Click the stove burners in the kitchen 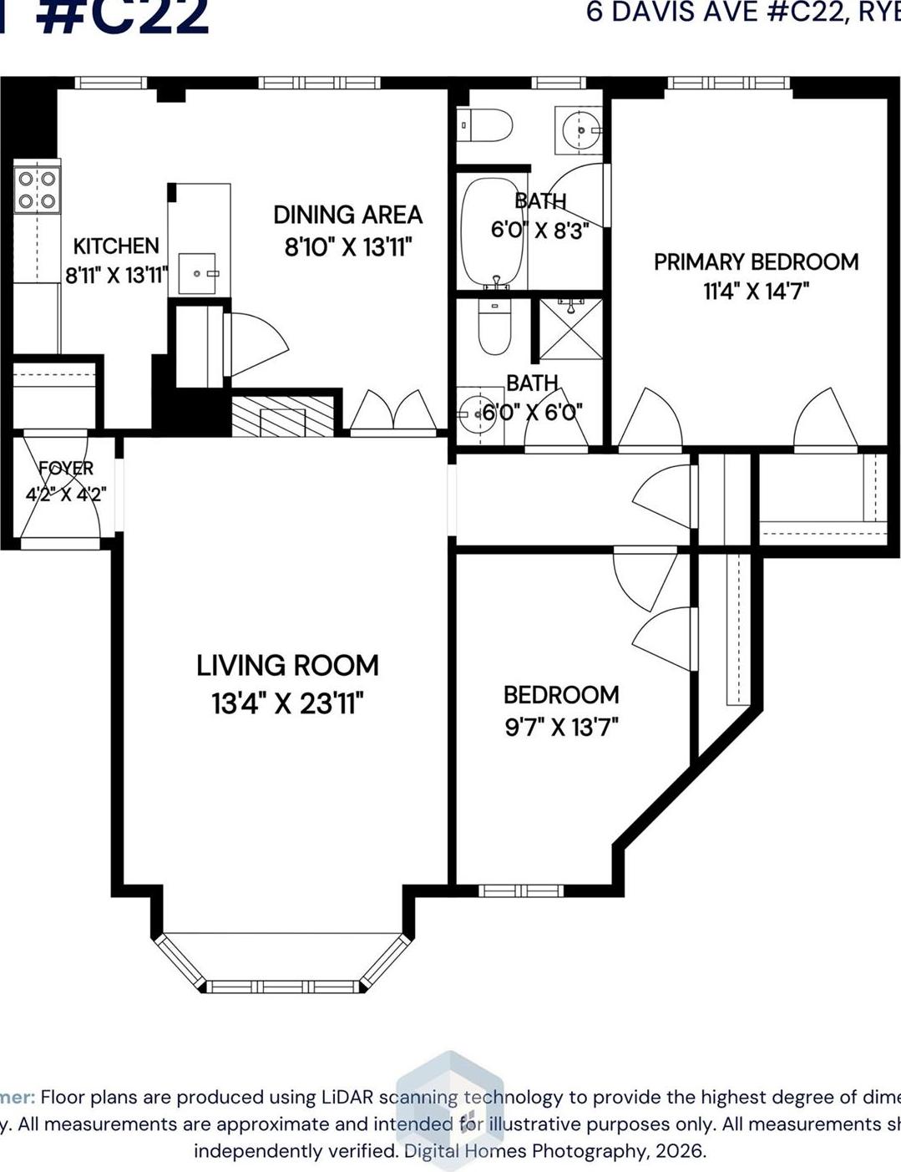(x=38, y=190)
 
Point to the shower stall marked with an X (x=570, y=327)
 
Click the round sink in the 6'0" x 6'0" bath (x=478, y=412)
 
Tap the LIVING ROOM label (x=287, y=666)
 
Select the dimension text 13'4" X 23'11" (x=287, y=703)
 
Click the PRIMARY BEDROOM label (x=756, y=262)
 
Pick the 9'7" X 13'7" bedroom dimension (x=561, y=727)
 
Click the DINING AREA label (x=347, y=215)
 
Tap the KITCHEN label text (x=116, y=246)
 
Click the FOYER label (x=66, y=468)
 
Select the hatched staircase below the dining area (x=283, y=416)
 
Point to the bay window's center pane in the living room (x=283, y=987)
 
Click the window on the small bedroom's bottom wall (x=521, y=890)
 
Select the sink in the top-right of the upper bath (x=580, y=130)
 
